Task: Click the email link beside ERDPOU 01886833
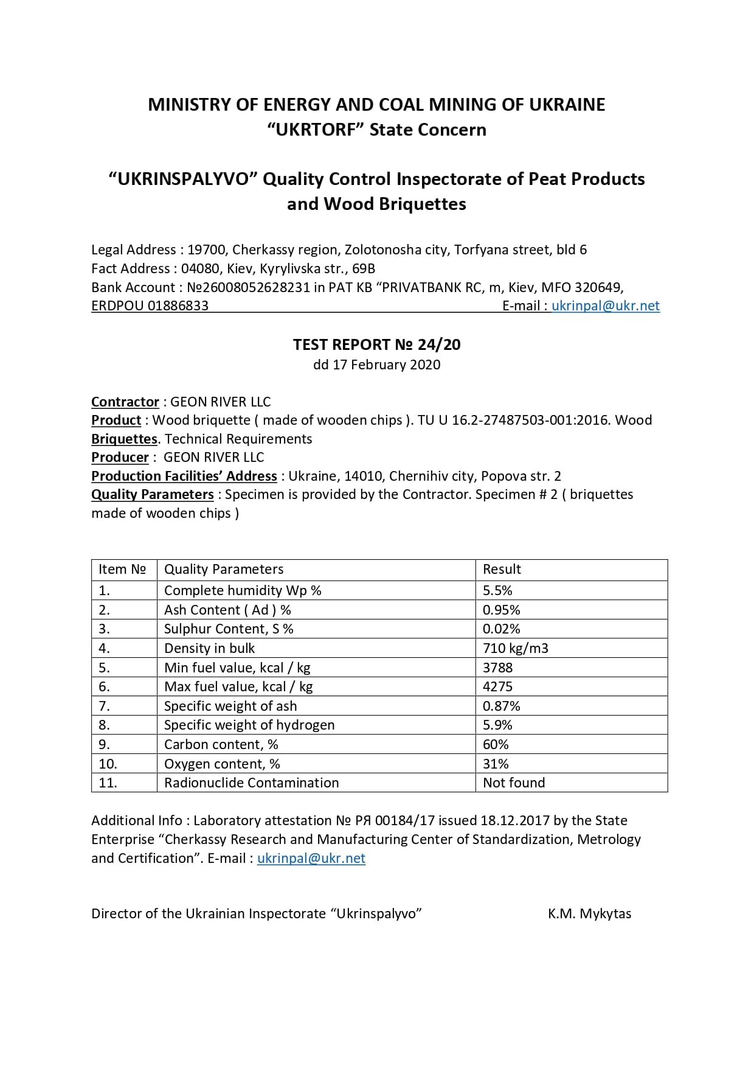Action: point(605,306)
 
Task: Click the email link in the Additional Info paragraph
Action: point(311,859)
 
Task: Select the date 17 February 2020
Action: point(386,365)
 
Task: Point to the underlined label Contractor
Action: point(125,402)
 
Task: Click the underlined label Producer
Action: point(120,458)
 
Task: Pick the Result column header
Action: point(502,570)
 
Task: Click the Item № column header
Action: point(122,570)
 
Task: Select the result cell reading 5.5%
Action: point(497,590)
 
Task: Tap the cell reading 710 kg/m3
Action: point(515,648)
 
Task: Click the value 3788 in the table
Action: point(497,668)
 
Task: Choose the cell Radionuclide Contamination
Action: point(251,783)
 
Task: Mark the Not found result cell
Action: point(514,783)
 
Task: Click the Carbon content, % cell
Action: point(221,745)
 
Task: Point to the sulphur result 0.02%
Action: point(501,629)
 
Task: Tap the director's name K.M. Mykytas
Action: point(589,914)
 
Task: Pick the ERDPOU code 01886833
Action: point(178,306)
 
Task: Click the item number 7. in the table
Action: point(104,707)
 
